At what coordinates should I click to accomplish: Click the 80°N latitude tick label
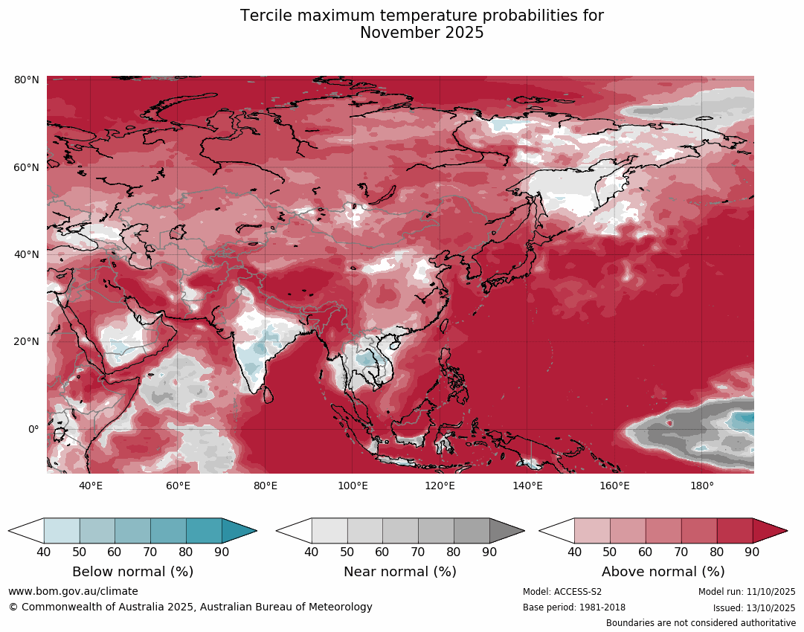pyautogui.click(x=27, y=80)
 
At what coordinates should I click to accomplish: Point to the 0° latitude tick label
pyautogui.click(x=33, y=429)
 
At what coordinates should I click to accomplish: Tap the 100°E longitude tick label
pyautogui.click(x=353, y=486)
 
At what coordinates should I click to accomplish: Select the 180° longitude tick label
pyautogui.click(x=702, y=486)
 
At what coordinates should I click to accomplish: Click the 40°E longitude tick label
pyautogui.click(x=91, y=486)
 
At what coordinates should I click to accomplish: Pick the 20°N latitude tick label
pyautogui.click(x=27, y=342)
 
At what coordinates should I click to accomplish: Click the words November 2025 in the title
pyautogui.click(x=422, y=33)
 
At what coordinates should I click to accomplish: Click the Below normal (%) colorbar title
pyautogui.click(x=132, y=572)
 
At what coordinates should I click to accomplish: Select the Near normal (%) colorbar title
pyautogui.click(x=400, y=572)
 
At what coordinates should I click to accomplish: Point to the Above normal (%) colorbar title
pyautogui.click(x=663, y=572)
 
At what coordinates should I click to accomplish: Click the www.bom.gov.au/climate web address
pyautogui.click(x=73, y=591)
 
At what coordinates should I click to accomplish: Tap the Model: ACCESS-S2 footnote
pyautogui.click(x=562, y=592)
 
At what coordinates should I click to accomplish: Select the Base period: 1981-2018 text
pyautogui.click(x=574, y=607)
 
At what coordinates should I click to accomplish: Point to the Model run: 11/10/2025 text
pyautogui.click(x=747, y=592)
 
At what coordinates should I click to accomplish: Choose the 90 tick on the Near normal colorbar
pyautogui.click(x=489, y=552)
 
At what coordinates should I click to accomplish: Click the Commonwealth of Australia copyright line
pyautogui.click(x=190, y=607)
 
